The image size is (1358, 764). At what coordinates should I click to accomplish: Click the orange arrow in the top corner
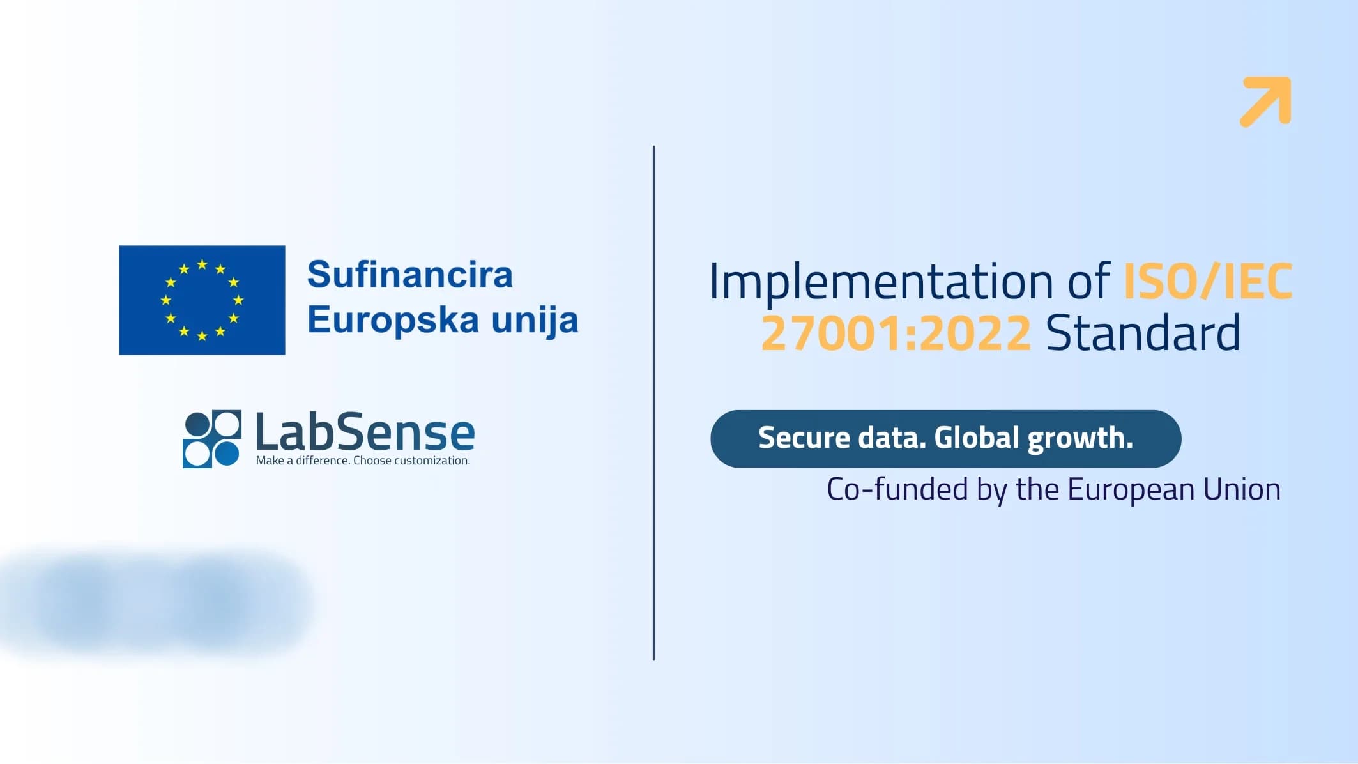[1265, 102]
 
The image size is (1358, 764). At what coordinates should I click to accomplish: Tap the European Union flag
[202, 300]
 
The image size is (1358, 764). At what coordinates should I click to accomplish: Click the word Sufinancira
[410, 275]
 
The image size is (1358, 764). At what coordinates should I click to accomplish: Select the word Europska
[393, 320]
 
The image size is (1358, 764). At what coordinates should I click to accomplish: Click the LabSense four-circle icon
[212, 439]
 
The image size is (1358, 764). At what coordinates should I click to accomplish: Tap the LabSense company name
[365, 432]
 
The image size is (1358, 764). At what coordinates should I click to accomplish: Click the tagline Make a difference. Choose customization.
[363, 461]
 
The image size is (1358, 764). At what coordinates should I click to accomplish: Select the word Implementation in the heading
[881, 282]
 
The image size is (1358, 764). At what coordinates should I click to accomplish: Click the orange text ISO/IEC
[1208, 281]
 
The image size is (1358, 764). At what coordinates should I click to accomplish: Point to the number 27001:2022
[896, 333]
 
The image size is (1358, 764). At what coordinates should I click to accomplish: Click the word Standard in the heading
[1143, 333]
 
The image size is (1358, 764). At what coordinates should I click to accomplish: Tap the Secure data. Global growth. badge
[945, 439]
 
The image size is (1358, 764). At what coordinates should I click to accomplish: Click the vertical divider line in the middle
[654, 402]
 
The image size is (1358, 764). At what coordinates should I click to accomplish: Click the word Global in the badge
[977, 438]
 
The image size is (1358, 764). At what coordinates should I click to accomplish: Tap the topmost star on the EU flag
[202, 264]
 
